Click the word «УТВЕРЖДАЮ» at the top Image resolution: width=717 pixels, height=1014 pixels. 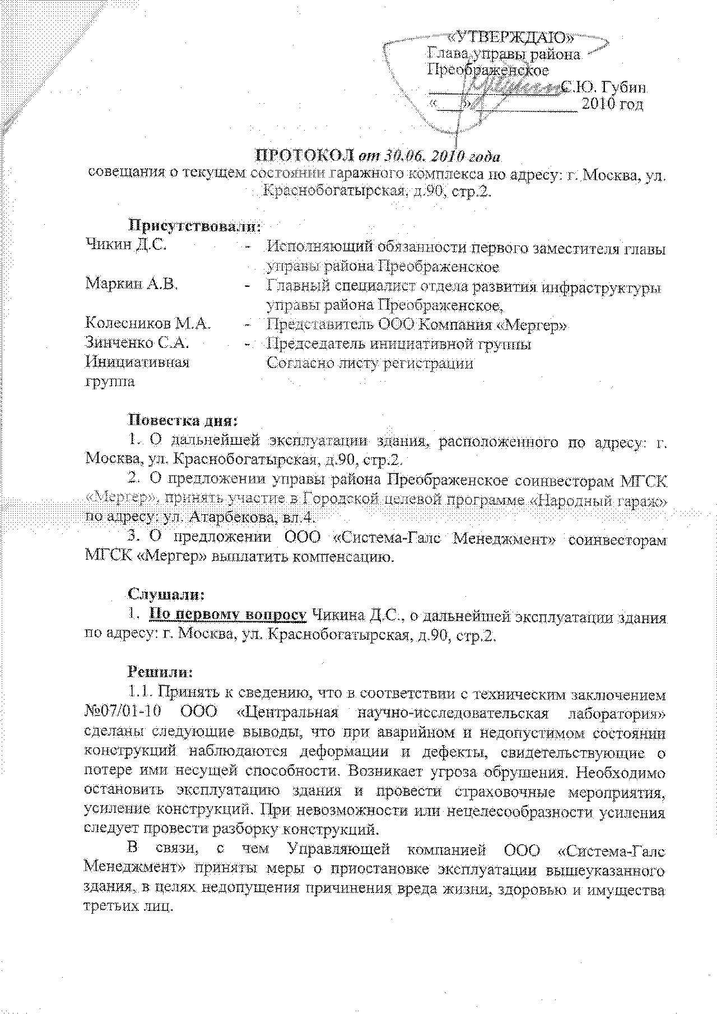(512, 38)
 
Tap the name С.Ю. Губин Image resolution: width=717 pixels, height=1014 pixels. (603, 87)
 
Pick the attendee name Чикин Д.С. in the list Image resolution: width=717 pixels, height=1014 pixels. (125, 245)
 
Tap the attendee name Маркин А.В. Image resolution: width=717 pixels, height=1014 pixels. (131, 284)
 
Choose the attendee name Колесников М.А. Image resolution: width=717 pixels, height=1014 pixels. (147, 323)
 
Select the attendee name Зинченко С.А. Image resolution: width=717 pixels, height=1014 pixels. (137, 343)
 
